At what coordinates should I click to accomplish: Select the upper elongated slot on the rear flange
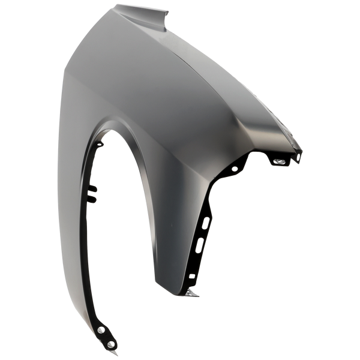click(208, 223)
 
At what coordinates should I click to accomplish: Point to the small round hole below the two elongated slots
click(192, 276)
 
